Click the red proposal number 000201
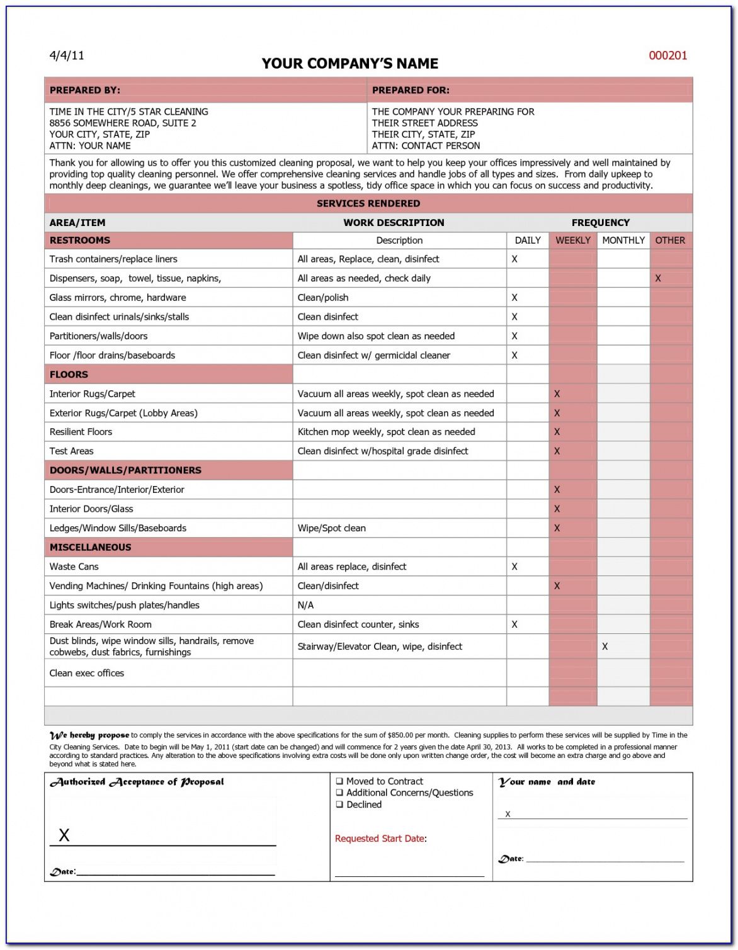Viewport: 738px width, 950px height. (x=667, y=55)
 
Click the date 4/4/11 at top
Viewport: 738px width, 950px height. (x=67, y=55)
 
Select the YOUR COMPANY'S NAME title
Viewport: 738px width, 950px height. (x=350, y=64)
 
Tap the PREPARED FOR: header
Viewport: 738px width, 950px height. (x=411, y=90)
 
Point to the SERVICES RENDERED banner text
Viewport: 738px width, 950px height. (x=368, y=203)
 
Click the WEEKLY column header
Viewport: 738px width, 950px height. (x=572, y=240)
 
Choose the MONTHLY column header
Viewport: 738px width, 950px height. (x=623, y=240)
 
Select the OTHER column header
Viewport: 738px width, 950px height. (x=670, y=240)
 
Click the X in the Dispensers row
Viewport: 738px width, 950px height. (x=658, y=278)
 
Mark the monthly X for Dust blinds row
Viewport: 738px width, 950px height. (x=605, y=647)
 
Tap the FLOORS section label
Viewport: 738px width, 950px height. (x=69, y=375)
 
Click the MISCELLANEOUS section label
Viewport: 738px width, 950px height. (x=91, y=547)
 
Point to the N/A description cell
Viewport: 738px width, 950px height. (x=305, y=605)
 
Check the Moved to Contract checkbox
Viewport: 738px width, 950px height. (x=339, y=781)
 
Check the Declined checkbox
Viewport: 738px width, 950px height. (x=339, y=805)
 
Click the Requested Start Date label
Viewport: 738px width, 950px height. (x=380, y=839)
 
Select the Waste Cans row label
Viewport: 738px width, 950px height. (x=74, y=567)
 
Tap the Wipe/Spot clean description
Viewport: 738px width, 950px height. (x=332, y=528)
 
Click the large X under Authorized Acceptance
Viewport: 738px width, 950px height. (x=64, y=835)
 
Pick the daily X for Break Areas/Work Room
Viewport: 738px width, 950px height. (x=514, y=625)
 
